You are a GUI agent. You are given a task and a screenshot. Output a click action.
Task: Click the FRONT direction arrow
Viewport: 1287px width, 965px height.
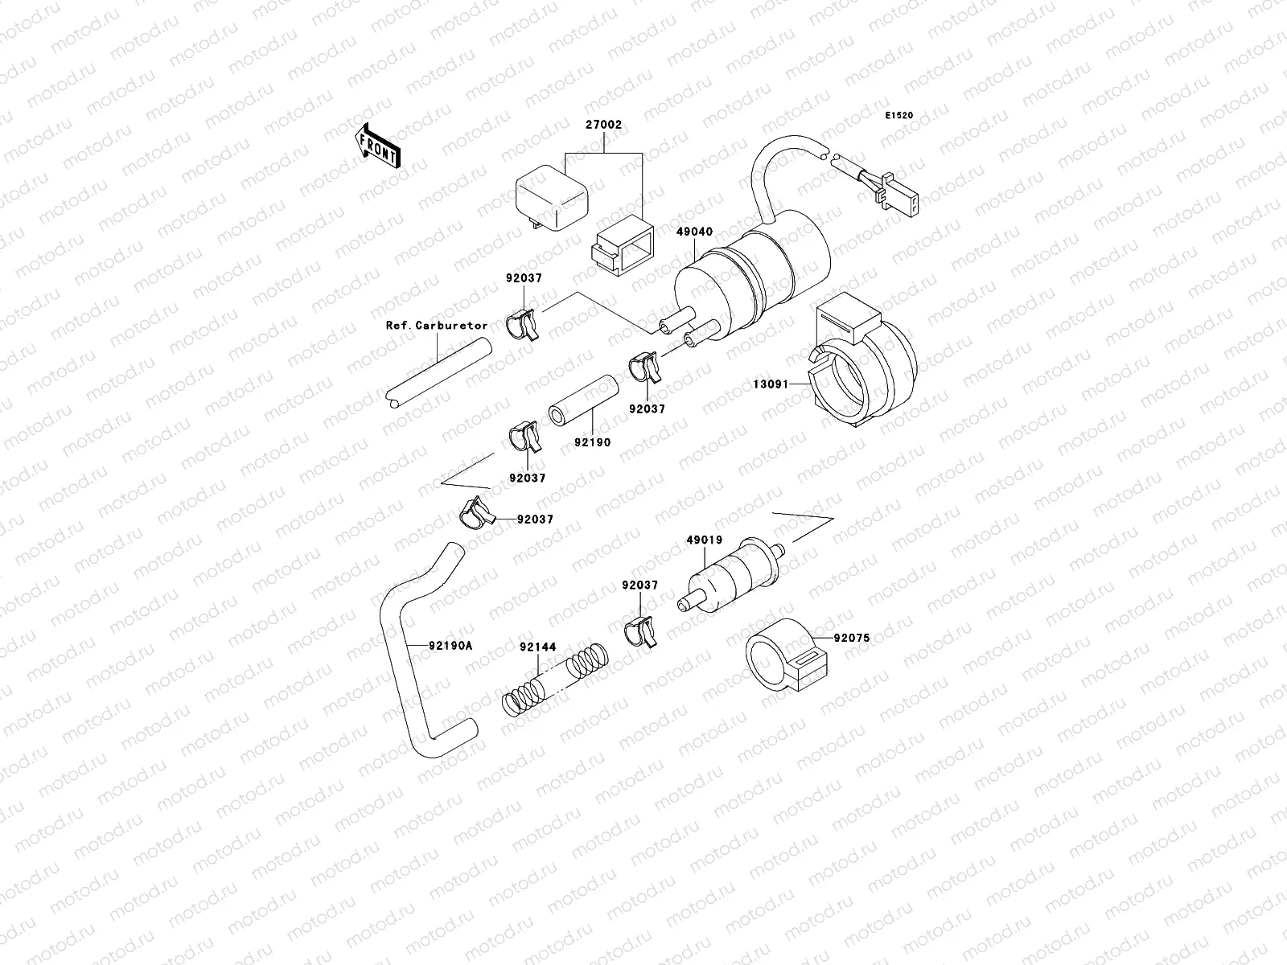(x=377, y=146)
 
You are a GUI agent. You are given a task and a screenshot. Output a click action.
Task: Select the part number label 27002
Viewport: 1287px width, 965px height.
(x=603, y=125)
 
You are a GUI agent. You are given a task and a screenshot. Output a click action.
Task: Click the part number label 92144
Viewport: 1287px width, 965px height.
(x=536, y=647)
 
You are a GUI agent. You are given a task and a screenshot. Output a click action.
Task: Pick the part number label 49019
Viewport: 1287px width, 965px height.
(x=704, y=540)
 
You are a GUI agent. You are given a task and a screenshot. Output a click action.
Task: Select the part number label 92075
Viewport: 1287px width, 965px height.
(x=852, y=639)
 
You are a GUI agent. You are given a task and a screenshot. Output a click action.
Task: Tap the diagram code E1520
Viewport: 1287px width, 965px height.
(x=899, y=116)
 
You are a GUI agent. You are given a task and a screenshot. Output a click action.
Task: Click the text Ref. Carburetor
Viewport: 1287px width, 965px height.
(x=437, y=326)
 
